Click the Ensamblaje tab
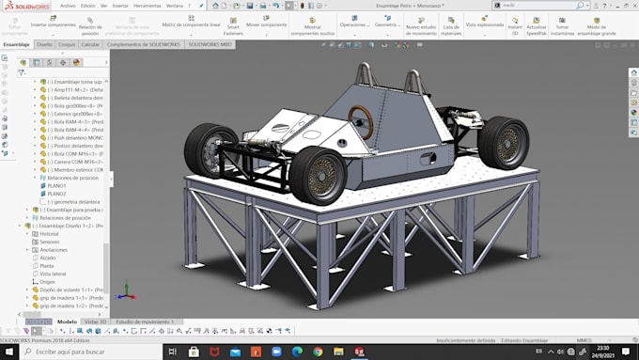(x=16, y=44)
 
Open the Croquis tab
(x=67, y=44)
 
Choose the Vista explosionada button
(x=484, y=24)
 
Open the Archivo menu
(x=68, y=5)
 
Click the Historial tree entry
(x=49, y=233)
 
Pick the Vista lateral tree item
(x=53, y=274)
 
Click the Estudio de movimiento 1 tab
(x=145, y=321)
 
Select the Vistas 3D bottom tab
(x=95, y=321)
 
